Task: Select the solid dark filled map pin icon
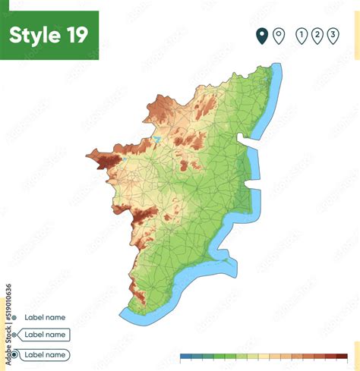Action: [262, 36]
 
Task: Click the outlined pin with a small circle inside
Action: [279, 36]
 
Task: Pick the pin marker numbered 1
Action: [302, 36]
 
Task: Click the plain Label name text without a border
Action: [45, 317]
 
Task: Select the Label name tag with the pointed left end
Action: [44, 335]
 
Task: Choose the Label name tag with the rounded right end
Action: [44, 354]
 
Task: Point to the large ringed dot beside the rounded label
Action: [12, 354]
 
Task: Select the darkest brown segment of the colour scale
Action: [342, 356]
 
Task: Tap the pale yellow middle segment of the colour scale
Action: [263, 356]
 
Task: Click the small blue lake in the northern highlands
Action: [156, 140]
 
